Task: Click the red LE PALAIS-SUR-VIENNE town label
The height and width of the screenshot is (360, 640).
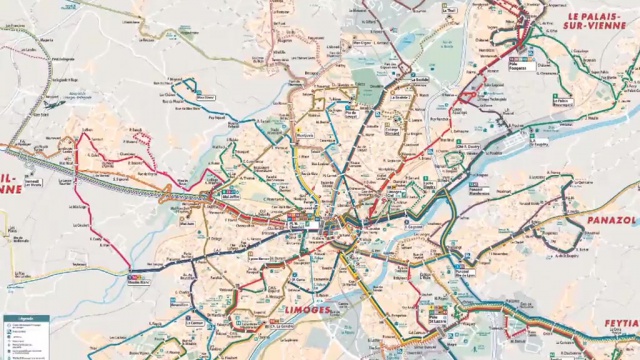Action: pos(601,23)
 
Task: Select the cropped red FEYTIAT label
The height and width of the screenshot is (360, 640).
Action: pos(620,325)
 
